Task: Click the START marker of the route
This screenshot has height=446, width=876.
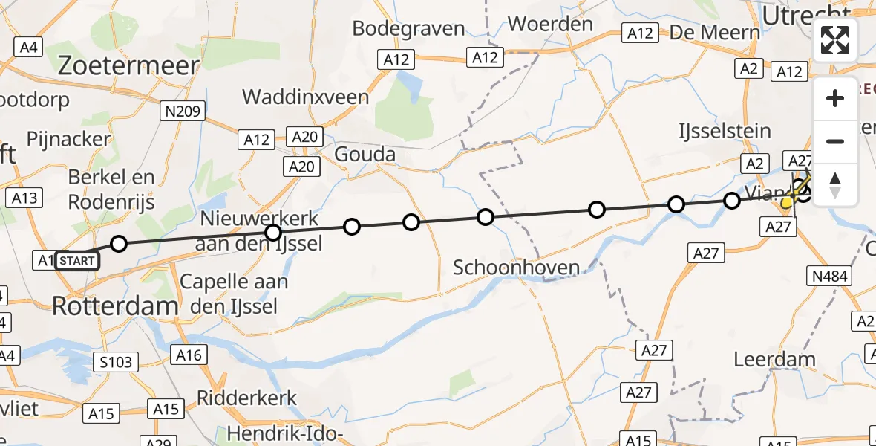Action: coord(76,260)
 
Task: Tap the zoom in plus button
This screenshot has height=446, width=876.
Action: coord(835,99)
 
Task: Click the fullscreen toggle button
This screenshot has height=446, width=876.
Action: coord(835,40)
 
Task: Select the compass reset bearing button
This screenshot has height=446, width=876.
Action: coord(835,184)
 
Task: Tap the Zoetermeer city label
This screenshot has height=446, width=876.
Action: coord(128,66)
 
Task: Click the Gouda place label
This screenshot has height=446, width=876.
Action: coord(365,155)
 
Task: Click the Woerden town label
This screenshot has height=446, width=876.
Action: coord(550,25)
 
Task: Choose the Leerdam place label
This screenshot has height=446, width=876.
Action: coord(774,360)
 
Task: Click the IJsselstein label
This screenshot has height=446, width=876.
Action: coord(725,132)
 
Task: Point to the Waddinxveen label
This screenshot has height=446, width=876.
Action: coord(305,97)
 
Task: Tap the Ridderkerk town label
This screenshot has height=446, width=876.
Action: coord(246,398)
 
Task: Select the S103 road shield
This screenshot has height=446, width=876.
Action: coord(117,362)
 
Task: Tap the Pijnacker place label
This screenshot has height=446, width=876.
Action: coord(68,139)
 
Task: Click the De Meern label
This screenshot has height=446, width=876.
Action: coord(715,32)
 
